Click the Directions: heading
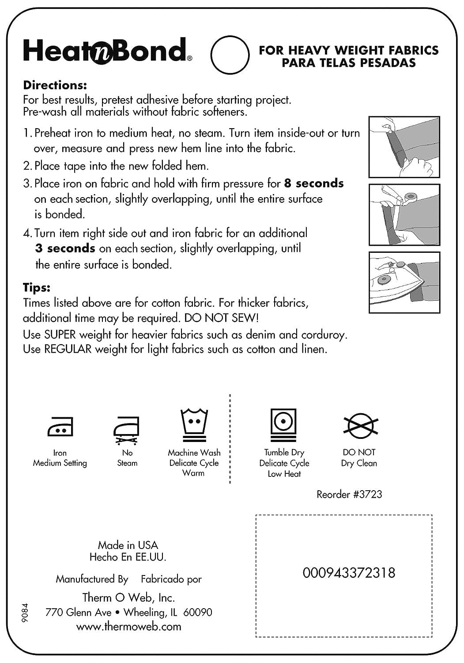(x=55, y=84)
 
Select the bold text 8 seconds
(x=314, y=183)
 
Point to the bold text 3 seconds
(x=65, y=248)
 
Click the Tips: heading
(x=37, y=288)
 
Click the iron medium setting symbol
(x=60, y=426)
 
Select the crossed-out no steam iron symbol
(x=127, y=429)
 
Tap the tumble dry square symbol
(x=283, y=424)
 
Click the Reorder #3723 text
(x=349, y=494)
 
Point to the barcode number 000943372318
(x=349, y=573)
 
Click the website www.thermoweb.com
(x=128, y=626)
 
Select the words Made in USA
(x=128, y=545)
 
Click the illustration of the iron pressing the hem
(x=404, y=282)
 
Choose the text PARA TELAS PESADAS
(x=349, y=63)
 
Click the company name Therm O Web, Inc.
(x=128, y=598)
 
